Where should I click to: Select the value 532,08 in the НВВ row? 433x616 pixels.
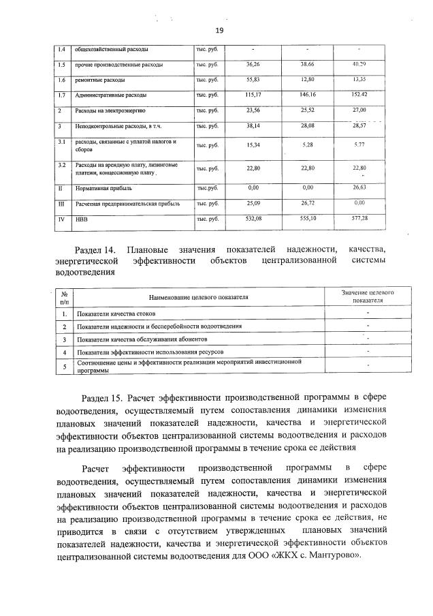253,218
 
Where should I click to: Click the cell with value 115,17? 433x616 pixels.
253,95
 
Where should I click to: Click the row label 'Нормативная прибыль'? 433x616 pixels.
103,187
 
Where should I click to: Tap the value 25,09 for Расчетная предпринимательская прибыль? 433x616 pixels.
253,202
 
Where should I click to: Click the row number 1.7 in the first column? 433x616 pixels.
61,95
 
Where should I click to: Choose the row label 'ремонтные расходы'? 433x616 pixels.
99,80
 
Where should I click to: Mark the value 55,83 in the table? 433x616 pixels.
253,80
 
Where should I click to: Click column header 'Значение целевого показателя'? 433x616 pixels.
368,295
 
